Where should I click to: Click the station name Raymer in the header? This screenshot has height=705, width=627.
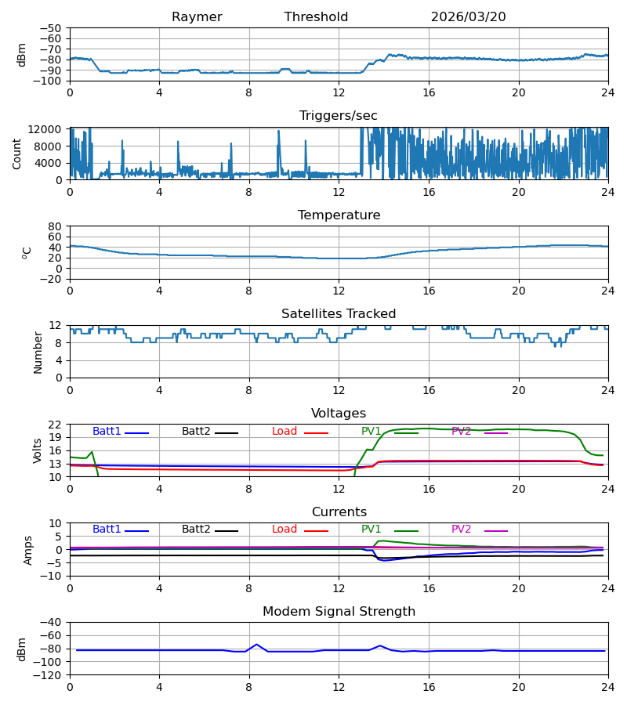[x=197, y=17]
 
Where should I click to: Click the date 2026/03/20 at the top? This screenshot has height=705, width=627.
[x=468, y=17]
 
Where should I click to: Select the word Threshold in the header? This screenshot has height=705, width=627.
[x=316, y=17]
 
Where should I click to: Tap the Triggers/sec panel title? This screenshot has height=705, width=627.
[x=339, y=116]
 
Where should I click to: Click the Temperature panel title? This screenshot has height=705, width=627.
[x=339, y=215]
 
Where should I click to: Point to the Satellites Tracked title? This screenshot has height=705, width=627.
[x=339, y=314]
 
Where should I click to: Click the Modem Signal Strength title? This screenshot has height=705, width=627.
[x=339, y=612]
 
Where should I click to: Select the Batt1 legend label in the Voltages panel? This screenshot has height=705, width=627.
[x=107, y=431]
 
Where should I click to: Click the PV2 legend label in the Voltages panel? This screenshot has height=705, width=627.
[x=461, y=431]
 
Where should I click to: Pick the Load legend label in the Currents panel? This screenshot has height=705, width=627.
[x=285, y=530]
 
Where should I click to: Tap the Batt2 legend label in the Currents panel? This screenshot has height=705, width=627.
[x=196, y=530]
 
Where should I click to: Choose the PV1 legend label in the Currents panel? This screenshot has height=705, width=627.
[x=371, y=530]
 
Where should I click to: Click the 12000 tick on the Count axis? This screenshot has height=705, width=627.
[x=45, y=129]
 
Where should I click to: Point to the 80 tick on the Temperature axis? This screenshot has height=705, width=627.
[x=54, y=226]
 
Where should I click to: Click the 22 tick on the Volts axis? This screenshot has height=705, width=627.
[x=54, y=425]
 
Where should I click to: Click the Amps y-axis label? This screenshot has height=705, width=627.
[x=28, y=551]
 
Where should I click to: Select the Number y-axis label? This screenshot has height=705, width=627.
[x=38, y=352]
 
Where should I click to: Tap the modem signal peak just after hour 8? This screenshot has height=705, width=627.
[x=256, y=645]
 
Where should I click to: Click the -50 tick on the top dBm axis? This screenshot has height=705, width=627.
[x=51, y=28]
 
